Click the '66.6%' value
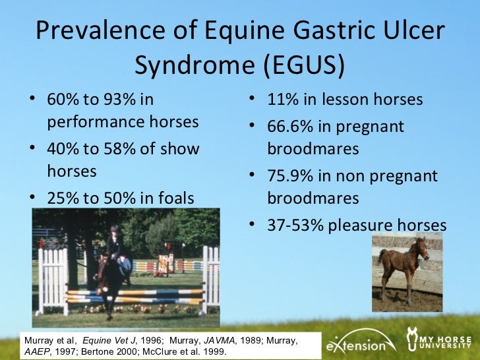tap(292, 126)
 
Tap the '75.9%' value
tap(292, 176)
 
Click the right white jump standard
tap(210, 277)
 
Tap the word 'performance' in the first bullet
tap(90, 122)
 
